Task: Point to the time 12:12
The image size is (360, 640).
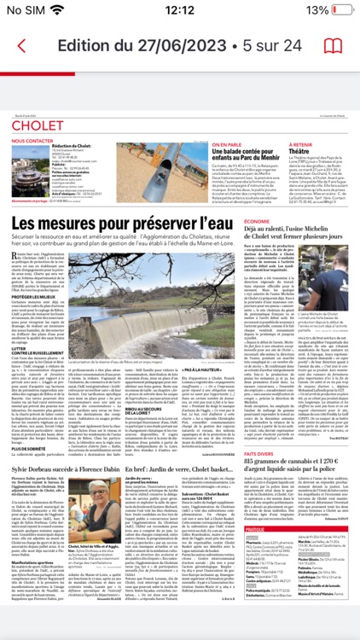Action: point(180,9)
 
